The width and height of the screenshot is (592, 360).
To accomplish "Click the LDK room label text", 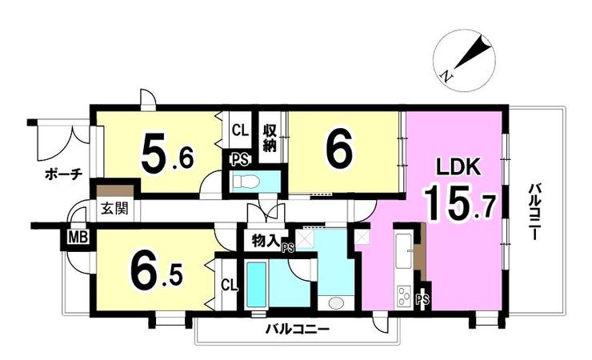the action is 458,167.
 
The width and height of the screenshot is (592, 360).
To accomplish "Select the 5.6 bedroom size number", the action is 167,152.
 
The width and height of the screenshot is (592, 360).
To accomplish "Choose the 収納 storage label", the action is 270,138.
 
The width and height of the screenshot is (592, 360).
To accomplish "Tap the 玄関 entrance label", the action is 114,209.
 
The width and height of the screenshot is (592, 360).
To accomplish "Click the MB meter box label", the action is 78,238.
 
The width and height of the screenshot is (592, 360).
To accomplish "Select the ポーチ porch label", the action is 63,174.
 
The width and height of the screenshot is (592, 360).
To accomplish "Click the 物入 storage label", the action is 265,241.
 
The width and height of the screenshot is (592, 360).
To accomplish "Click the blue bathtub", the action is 257,285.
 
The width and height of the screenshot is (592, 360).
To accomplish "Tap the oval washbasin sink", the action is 336,302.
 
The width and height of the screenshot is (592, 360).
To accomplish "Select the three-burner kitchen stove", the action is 404,296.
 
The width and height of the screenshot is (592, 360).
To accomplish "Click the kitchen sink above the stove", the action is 404,251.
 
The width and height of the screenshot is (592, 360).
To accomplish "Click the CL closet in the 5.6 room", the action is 240,130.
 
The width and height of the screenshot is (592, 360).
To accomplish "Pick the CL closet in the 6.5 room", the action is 230,284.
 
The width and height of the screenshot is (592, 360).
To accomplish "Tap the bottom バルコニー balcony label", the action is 297,330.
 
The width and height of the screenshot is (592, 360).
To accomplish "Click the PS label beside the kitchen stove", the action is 422,300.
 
